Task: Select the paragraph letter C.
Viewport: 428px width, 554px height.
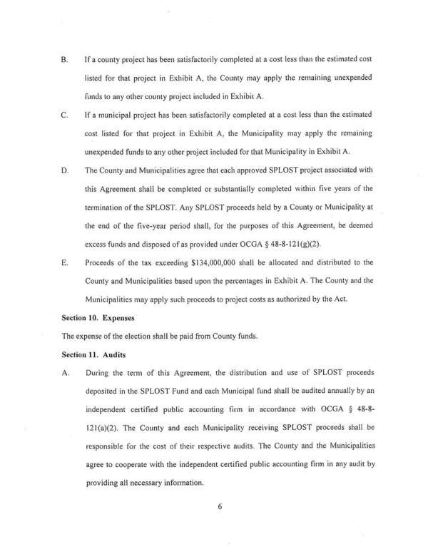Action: (x=65, y=114)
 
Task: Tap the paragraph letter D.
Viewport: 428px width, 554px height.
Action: (x=65, y=171)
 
